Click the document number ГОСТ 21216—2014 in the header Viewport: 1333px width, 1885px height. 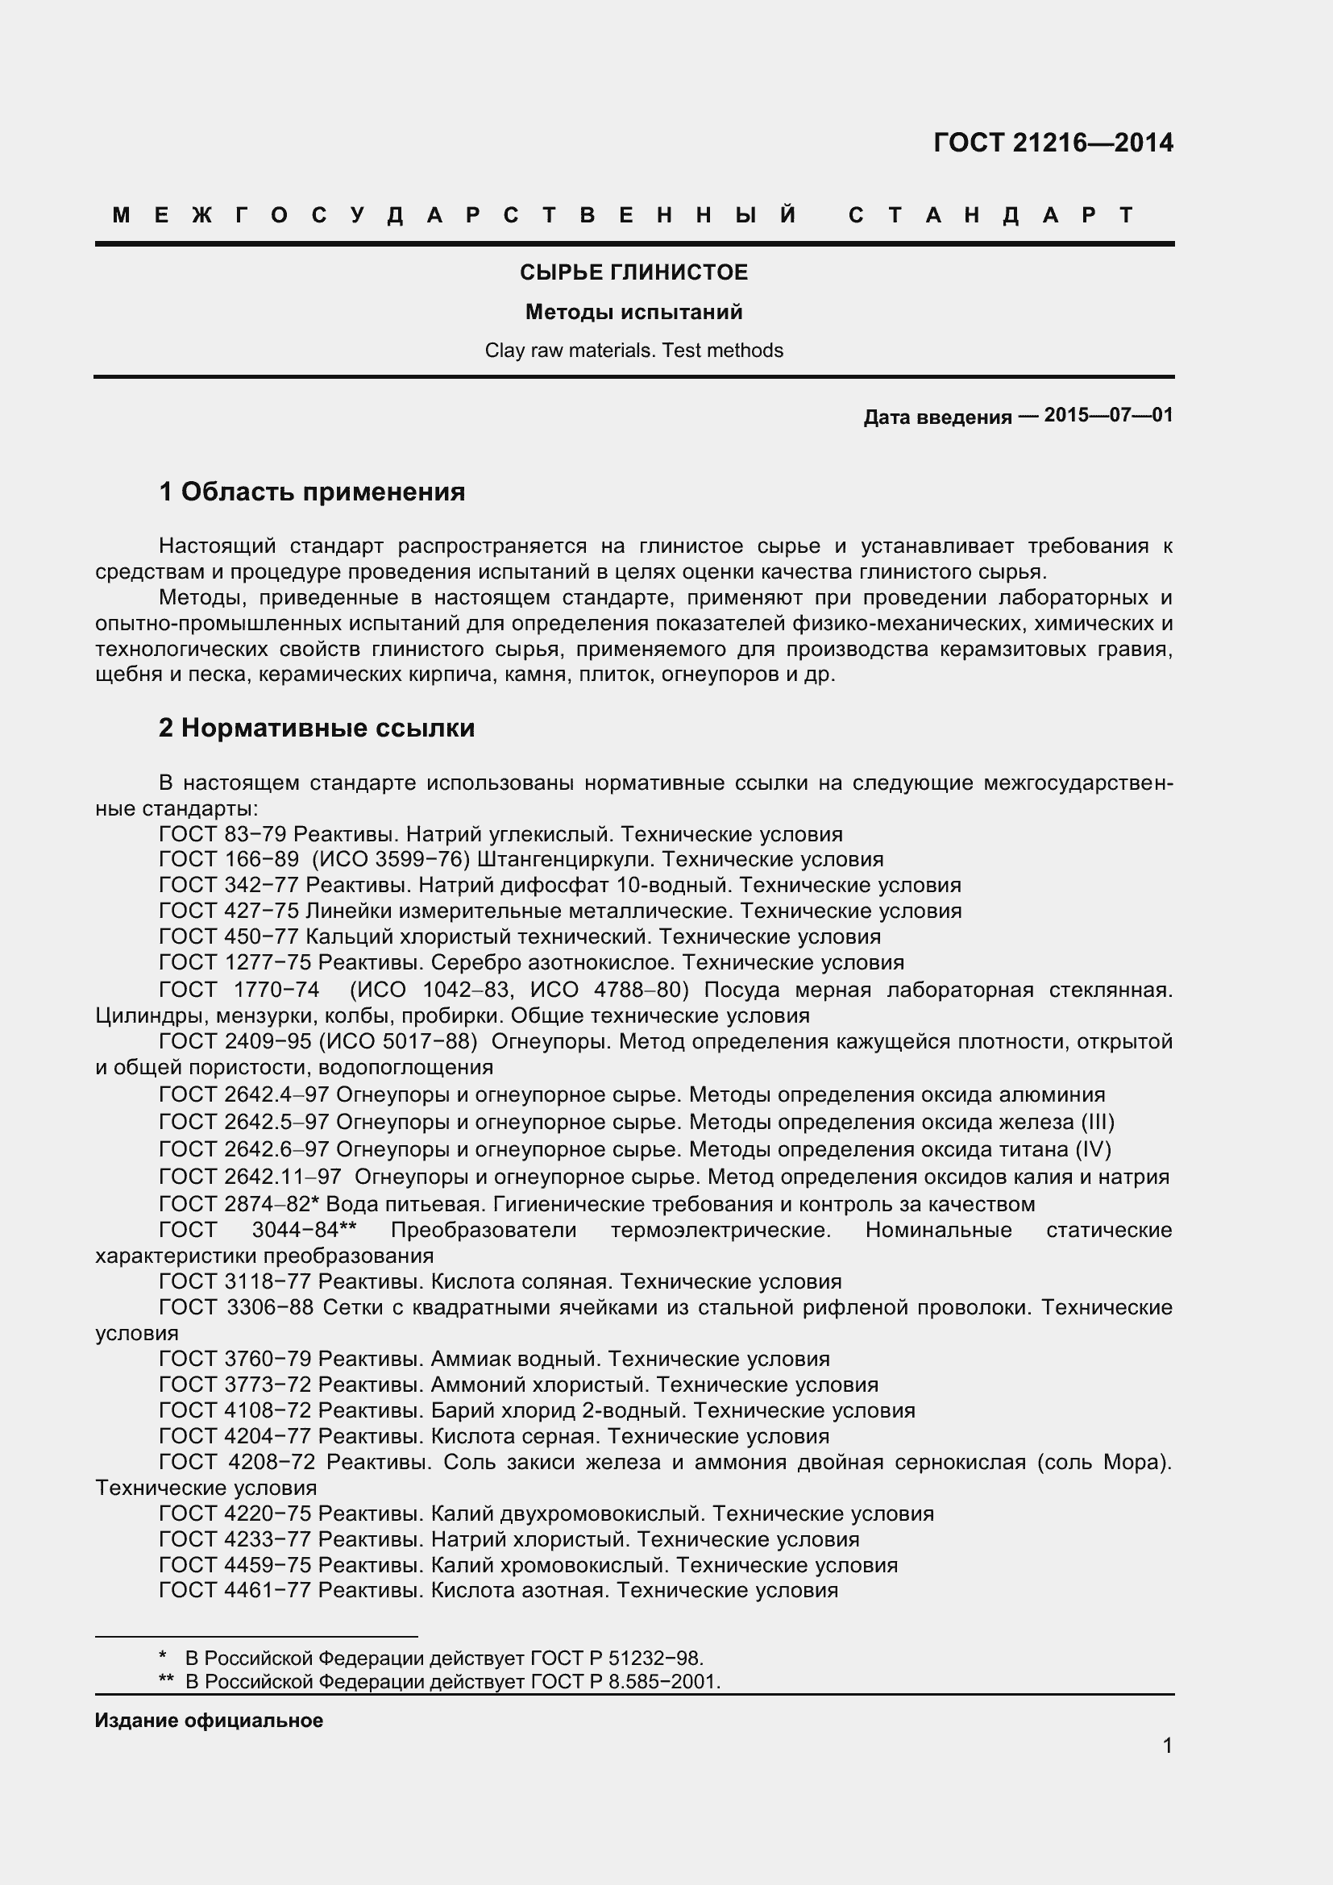(x=1053, y=143)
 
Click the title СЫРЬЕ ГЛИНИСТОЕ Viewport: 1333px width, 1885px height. (x=633, y=272)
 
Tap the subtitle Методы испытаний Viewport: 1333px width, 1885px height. (x=633, y=312)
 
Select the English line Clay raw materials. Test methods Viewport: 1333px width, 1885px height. (x=633, y=351)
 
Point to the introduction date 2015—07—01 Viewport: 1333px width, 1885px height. (x=1108, y=415)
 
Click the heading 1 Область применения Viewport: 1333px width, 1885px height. (x=312, y=492)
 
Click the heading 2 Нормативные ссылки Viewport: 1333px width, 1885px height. (x=317, y=729)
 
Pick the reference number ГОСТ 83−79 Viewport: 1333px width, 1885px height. (x=222, y=834)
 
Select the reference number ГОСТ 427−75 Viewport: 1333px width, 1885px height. (x=228, y=911)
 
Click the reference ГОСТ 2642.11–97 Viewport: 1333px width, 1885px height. (x=250, y=1177)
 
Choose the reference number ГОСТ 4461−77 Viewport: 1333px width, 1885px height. (x=235, y=1590)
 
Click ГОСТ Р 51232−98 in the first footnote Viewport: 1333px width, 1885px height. (x=617, y=1658)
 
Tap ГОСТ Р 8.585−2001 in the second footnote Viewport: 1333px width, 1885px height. (x=625, y=1681)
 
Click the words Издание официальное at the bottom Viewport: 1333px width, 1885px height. (x=209, y=1721)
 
